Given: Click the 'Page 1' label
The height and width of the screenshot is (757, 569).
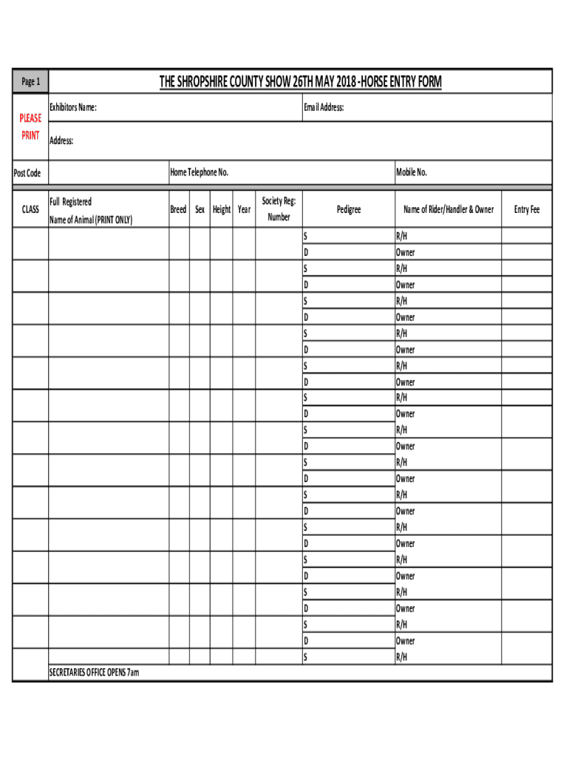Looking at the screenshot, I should point(30,82).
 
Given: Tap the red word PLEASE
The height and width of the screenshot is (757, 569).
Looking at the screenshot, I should point(30,118).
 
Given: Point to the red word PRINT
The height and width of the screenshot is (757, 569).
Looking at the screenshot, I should point(30,135).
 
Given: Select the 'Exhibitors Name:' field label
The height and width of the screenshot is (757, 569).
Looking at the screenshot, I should point(72,108).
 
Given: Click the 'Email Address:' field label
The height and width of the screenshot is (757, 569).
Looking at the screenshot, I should point(324,108).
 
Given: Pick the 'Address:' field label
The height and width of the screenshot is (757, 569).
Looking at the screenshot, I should point(61,140).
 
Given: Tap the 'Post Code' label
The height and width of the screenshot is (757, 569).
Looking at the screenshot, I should point(28,173).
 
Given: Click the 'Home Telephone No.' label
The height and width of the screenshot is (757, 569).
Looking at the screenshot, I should point(200,172).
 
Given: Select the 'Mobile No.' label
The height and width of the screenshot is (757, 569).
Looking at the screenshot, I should point(412,172).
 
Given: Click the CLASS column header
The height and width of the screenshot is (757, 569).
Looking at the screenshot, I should point(30,210).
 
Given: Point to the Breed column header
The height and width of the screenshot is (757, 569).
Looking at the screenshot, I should point(178,210).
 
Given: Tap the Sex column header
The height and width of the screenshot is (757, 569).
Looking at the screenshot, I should point(200,210).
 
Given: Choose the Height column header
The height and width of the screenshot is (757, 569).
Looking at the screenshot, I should point(222,210).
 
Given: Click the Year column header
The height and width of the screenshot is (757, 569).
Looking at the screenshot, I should point(244,210).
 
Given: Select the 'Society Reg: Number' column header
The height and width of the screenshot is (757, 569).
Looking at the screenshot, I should point(279,208).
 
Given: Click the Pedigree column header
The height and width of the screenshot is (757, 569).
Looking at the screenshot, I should point(349,210).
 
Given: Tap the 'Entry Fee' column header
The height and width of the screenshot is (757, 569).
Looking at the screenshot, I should point(527,210).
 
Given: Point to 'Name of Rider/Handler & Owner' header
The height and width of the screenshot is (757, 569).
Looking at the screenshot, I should point(449,210).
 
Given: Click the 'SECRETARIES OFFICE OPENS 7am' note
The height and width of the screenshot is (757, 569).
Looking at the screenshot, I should point(94,673).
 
